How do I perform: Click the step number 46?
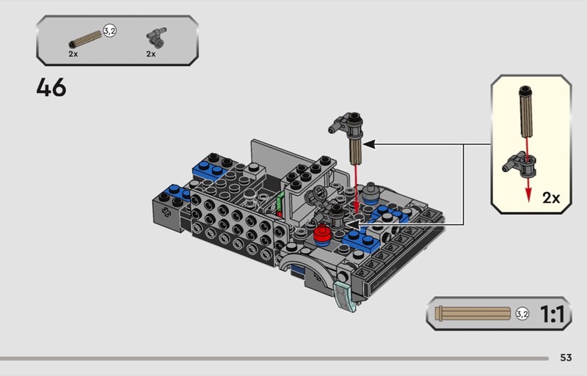(51, 87)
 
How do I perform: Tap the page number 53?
(566, 358)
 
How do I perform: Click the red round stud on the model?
(321, 234)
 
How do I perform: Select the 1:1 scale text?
(552, 314)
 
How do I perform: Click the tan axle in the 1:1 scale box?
(473, 314)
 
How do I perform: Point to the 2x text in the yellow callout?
(551, 198)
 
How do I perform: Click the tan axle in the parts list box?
(85, 40)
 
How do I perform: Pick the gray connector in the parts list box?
(156, 37)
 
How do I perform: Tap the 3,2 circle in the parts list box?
(109, 31)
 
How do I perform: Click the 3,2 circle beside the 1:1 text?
(522, 314)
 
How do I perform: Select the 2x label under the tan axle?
(73, 54)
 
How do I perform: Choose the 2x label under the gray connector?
(151, 54)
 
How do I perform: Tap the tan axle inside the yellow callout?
(526, 111)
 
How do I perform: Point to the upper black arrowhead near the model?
(369, 144)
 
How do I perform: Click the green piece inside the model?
(280, 203)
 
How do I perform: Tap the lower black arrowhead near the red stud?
(352, 224)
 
